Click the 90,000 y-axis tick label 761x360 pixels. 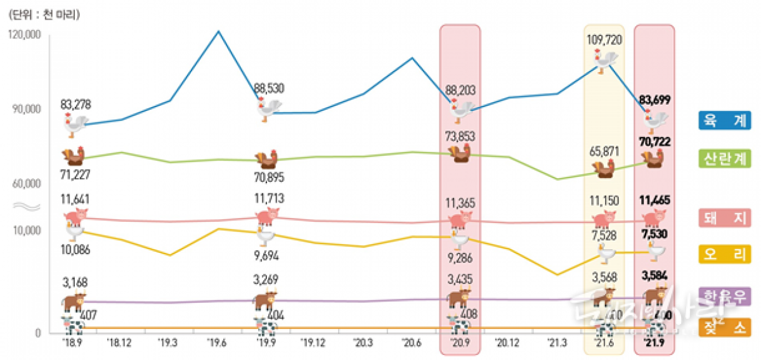click(27, 109)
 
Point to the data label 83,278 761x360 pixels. click(75, 103)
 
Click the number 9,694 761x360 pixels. click(265, 256)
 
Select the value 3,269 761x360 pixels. click(266, 280)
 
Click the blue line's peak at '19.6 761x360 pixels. click(218, 31)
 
